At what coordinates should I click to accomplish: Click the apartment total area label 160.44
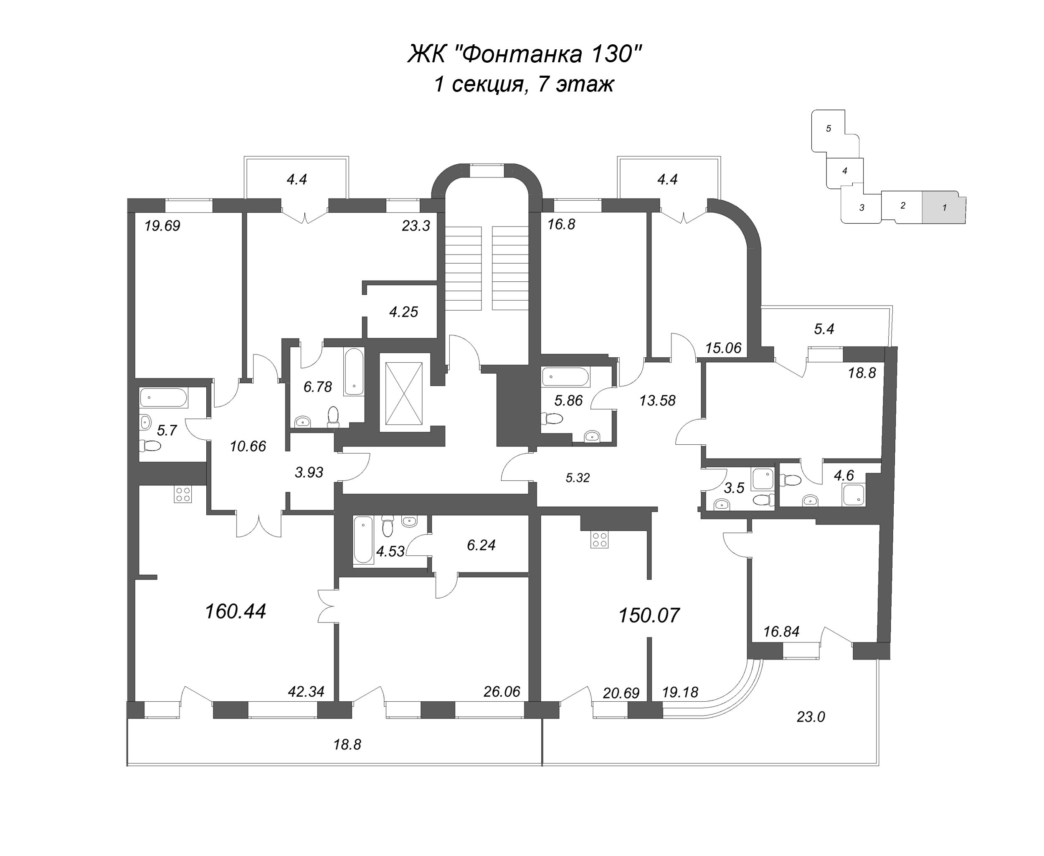point(235,611)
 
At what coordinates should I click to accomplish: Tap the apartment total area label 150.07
point(649,615)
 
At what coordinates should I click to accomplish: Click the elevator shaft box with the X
point(403,393)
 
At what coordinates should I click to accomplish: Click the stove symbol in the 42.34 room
point(182,494)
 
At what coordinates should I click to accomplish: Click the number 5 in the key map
point(828,128)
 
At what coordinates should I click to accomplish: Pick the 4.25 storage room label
point(403,312)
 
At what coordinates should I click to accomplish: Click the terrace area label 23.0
point(811,717)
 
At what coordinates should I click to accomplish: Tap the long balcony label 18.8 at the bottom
point(347,744)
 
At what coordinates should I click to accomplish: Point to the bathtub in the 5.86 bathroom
point(565,377)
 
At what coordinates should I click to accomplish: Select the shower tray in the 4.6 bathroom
point(853,495)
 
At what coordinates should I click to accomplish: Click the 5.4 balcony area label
point(824,329)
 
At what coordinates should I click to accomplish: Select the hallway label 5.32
point(578,477)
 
